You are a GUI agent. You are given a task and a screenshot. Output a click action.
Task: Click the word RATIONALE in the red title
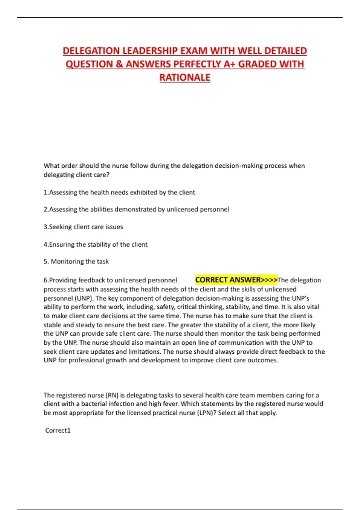pos(185,77)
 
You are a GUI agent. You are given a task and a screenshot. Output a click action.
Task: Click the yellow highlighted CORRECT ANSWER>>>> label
pos(236,280)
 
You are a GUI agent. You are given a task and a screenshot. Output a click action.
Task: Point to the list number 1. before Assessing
pos(46,192)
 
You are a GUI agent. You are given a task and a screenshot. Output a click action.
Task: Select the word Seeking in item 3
pos(59,227)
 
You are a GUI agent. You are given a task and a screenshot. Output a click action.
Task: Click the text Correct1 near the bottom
pos(58,430)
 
